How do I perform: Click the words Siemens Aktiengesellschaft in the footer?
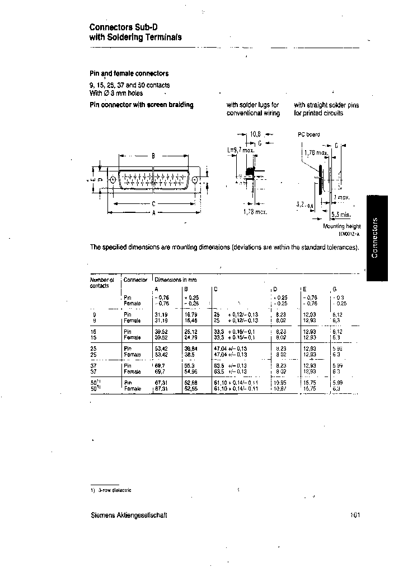[129, 515]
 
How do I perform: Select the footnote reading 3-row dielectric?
[114, 490]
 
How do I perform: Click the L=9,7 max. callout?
[240, 150]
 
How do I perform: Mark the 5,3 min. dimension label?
[340, 214]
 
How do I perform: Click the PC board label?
[307, 134]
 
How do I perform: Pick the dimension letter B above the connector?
[153, 157]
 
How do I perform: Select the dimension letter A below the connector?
[153, 213]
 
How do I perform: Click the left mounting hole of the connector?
[113, 180]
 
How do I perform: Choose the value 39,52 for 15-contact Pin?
[162, 331]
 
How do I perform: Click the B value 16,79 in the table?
[191, 314]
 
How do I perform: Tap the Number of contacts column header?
[102, 282]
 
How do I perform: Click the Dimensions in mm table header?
[176, 279]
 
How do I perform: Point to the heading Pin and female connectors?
[129, 73]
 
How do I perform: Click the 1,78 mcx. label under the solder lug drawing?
[255, 212]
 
